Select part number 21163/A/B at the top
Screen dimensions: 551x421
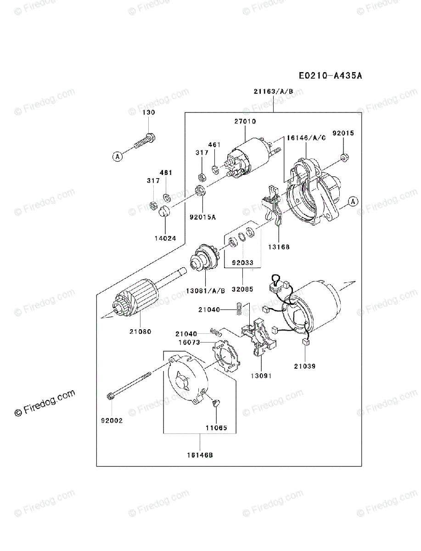click(x=273, y=91)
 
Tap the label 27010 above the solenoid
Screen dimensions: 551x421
click(x=245, y=122)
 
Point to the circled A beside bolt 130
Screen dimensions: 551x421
click(x=118, y=157)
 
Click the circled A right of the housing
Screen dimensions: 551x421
click(x=352, y=201)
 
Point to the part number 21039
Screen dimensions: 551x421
click(x=305, y=366)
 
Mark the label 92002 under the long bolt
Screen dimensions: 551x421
click(x=112, y=420)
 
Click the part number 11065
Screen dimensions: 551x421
click(x=216, y=427)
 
